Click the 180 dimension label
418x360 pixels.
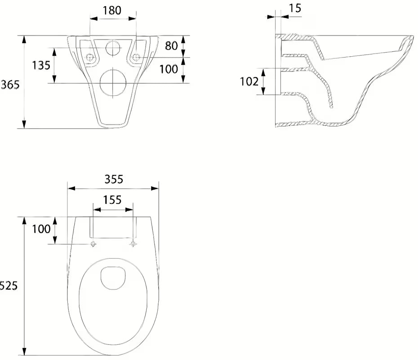coord(112,10)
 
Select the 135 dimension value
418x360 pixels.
coord(41,65)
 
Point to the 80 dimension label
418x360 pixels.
coord(171,46)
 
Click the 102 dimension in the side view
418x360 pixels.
coord(249,81)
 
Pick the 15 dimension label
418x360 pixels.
coord(295,8)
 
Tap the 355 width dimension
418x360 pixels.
coord(114,180)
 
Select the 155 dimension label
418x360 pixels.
coord(112,200)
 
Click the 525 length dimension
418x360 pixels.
coord(9,286)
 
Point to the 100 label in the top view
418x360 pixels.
coord(41,229)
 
